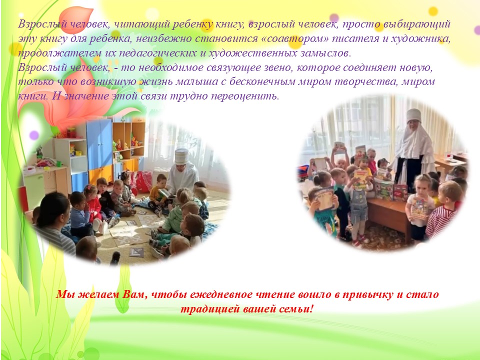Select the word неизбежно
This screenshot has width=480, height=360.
(163, 39)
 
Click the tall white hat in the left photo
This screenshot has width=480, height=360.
(182, 156)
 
